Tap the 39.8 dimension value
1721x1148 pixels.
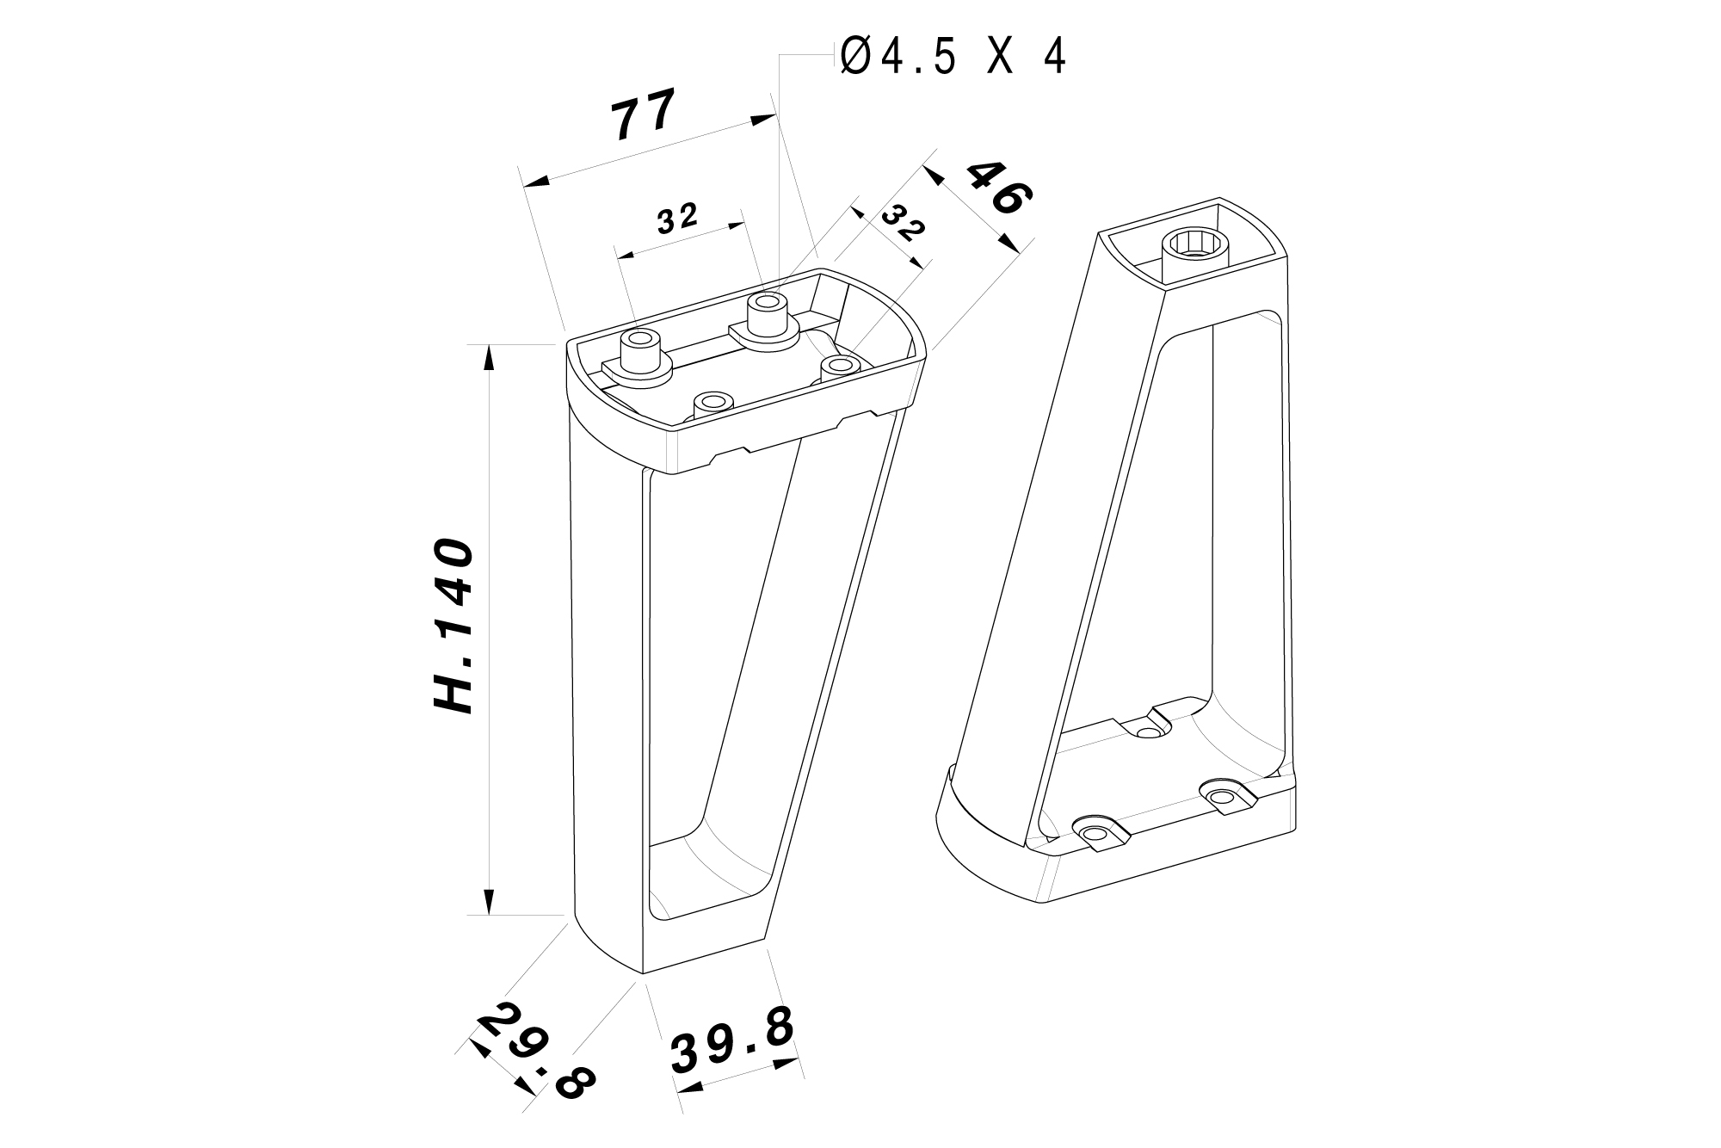[732, 1042]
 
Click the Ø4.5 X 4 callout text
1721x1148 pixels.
[953, 58]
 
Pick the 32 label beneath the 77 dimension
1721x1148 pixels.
[677, 219]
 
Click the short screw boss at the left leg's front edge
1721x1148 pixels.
[712, 403]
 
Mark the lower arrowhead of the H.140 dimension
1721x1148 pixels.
[490, 902]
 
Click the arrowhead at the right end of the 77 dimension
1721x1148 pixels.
[762, 120]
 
